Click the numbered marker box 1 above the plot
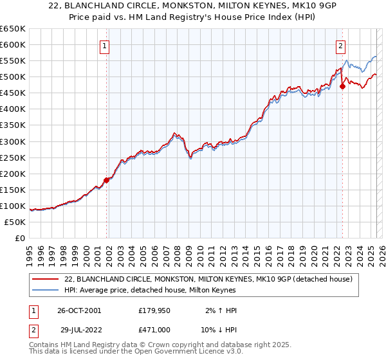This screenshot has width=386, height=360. click(x=104, y=46)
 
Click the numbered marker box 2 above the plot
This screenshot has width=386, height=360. click(x=340, y=46)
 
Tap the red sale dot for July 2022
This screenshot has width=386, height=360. click(x=342, y=87)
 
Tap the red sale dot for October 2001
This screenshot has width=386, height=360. click(x=107, y=180)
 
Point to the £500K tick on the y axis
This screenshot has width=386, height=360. click(x=14, y=77)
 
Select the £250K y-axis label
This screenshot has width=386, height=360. click(x=14, y=157)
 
